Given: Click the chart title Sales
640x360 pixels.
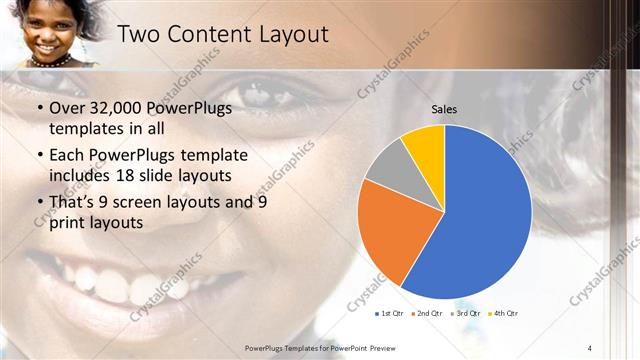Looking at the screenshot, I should click(x=444, y=108).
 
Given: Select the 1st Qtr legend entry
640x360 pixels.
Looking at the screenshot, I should click(x=390, y=314).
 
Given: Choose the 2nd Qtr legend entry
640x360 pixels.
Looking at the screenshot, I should click(x=428, y=314).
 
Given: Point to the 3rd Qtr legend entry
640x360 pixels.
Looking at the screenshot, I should click(x=467, y=314).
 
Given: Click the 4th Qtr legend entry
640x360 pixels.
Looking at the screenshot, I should click(x=504, y=314).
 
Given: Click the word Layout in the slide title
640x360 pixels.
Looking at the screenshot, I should click(x=289, y=34).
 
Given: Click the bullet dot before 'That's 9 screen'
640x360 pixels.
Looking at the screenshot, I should click(x=39, y=203).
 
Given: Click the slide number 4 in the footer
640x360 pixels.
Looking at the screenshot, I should click(x=589, y=347).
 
